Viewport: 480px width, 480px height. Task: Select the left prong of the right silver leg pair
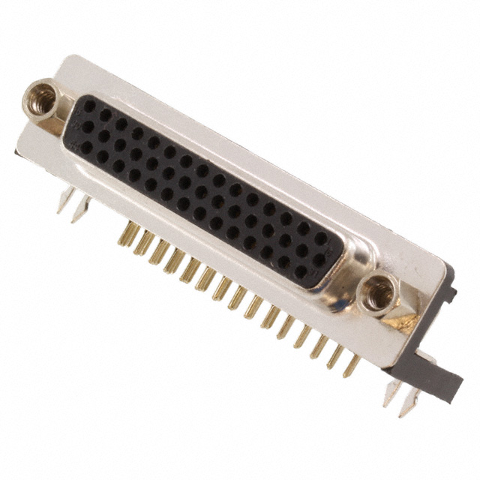[391, 391]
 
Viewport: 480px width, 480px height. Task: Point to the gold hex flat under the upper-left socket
[51, 126]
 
